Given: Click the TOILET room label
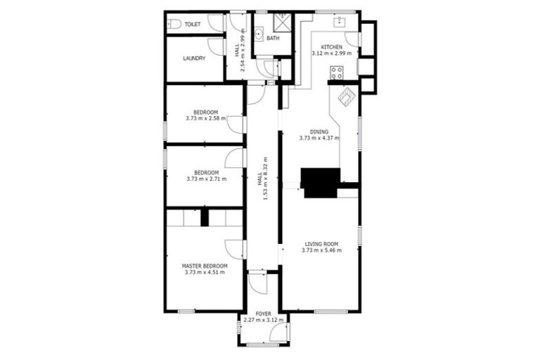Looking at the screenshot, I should click(x=193, y=25).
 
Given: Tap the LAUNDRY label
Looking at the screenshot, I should click(x=193, y=58).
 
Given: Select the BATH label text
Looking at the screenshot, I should click(x=273, y=39).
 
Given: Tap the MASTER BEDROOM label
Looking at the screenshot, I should click(x=205, y=266).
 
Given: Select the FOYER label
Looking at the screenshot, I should click(x=264, y=314).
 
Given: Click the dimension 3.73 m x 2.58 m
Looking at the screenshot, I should click(x=205, y=118).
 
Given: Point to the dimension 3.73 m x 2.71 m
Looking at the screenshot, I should click(x=205, y=179).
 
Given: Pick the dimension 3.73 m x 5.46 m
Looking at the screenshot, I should click(x=321, y=250).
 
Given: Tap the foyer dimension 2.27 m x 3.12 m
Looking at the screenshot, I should click(x=264, y=320).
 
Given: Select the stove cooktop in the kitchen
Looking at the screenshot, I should click(x=337, y=72).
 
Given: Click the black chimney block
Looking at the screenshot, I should click(x=320, y=181).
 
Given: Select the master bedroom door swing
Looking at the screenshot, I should click(x=235, y=248).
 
